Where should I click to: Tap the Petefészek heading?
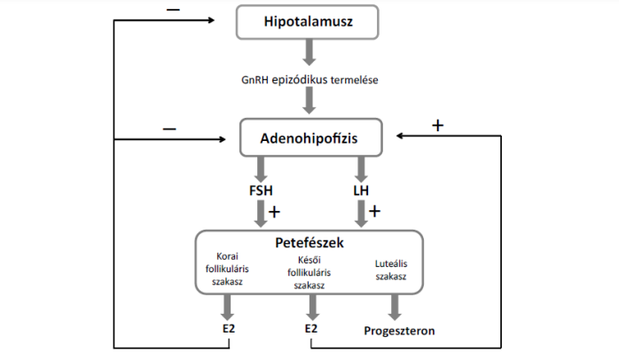point(309,241)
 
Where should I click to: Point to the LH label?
point(362,191)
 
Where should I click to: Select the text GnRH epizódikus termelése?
point(309,81)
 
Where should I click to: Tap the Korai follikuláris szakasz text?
point(228,269)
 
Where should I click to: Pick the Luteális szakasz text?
point(391,270)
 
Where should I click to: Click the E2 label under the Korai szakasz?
point(230,329)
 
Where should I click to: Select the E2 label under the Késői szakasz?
point(311,329)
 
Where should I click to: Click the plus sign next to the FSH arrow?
point(274,212)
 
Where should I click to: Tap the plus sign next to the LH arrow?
point(374,212)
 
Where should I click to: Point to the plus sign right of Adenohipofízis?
point(436,125)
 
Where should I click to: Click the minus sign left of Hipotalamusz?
point(171,10)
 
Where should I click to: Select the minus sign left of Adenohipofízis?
point(169,129)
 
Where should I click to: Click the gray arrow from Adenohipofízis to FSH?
point(259,168)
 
